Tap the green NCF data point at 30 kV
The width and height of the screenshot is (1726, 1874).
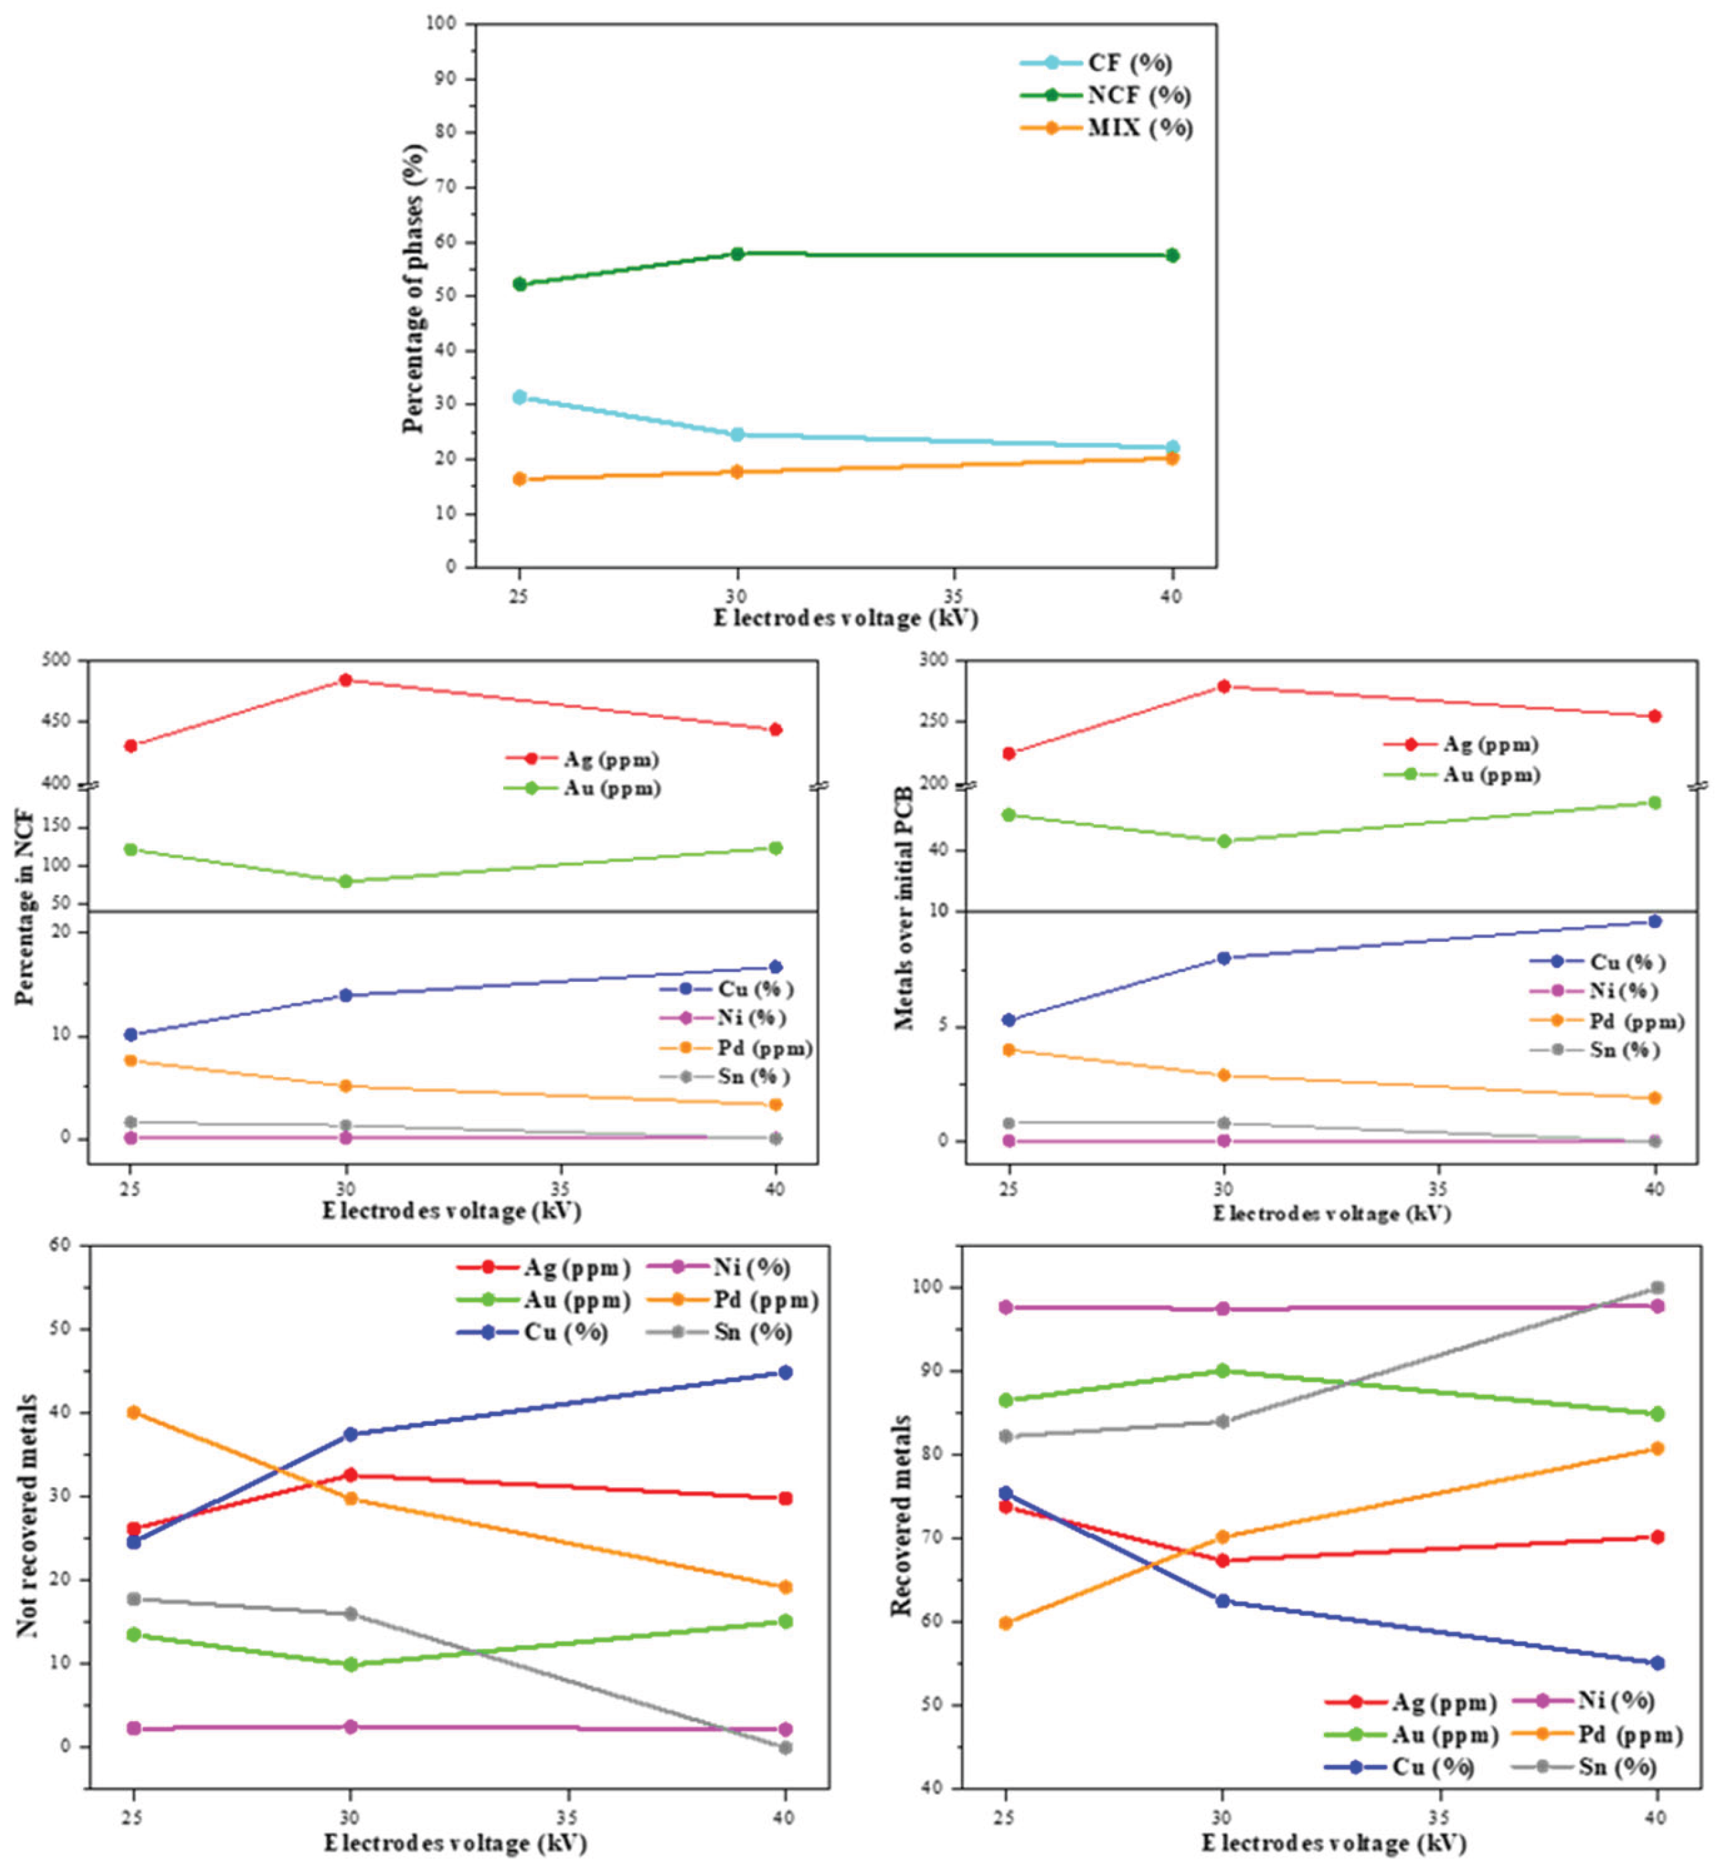737,253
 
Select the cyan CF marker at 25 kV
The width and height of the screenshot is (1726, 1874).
519,397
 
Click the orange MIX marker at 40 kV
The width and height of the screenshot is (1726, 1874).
1172,458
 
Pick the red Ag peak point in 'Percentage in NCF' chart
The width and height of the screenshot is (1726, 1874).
346,680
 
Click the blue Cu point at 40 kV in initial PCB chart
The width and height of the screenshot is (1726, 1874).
1654,921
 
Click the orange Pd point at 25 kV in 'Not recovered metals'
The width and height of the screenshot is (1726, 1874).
134,1413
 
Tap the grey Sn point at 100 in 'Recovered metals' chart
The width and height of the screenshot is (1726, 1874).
1657,1287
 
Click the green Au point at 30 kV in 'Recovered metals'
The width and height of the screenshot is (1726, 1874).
1222,1371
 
